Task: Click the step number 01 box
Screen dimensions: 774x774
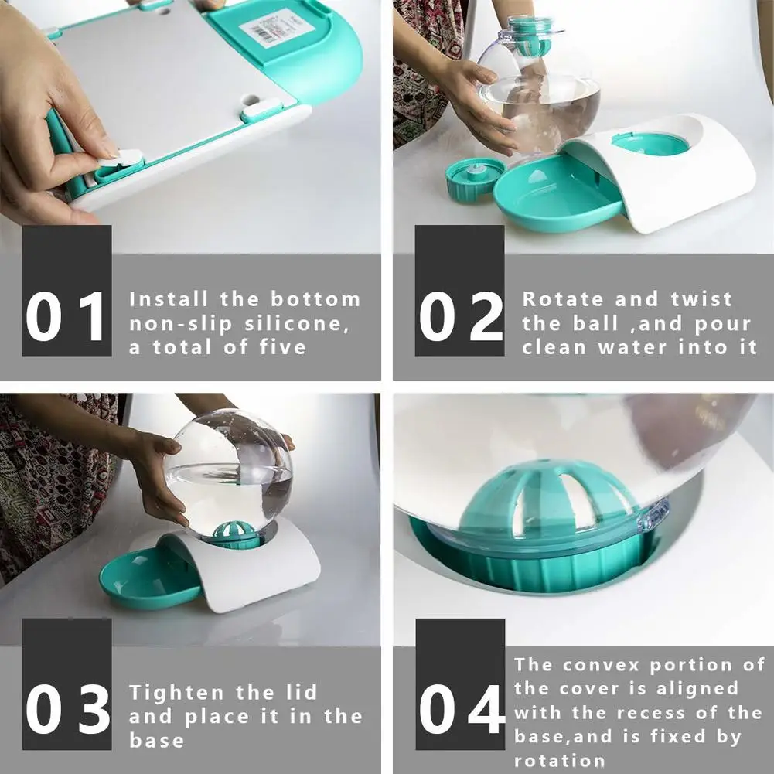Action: [x=66, y=291]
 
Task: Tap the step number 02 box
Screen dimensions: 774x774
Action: [x=459, y=291]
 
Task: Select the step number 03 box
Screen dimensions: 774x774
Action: [x=66, y=684]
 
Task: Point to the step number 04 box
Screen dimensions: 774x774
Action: [x=460, y=684]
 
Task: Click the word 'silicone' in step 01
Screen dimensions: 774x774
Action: [x=297, y=324]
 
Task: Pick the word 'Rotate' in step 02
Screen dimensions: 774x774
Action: [x=563, y=299]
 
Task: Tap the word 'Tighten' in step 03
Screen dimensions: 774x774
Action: [x=177, y=693]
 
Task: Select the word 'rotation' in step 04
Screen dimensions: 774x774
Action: [x=559, y=761]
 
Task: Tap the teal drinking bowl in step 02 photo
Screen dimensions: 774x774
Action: [x=558, y=193]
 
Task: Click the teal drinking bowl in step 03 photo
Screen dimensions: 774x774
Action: [x=149, y=578]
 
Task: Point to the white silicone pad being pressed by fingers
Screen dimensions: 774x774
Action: [x=121, y=158]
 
